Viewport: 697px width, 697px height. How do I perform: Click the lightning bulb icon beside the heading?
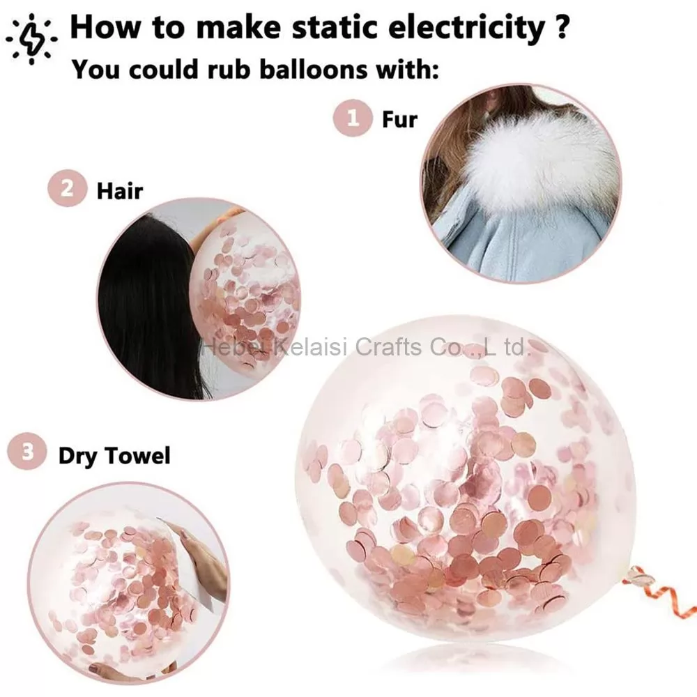[31, 39]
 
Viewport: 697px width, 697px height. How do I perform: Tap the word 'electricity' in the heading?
[467, 29]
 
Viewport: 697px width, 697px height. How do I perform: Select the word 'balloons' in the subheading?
[314, 69]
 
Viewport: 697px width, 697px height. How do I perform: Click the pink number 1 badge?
[353, 118]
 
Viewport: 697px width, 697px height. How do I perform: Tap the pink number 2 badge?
[67, 188]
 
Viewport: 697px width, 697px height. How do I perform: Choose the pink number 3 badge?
[27, 451]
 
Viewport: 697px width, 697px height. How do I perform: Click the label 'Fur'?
[399, 119]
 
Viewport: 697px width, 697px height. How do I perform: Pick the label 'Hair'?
[120, 191]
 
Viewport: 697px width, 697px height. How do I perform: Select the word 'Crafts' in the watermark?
[388, 347]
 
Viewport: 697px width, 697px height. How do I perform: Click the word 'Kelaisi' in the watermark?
[309, 347]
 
